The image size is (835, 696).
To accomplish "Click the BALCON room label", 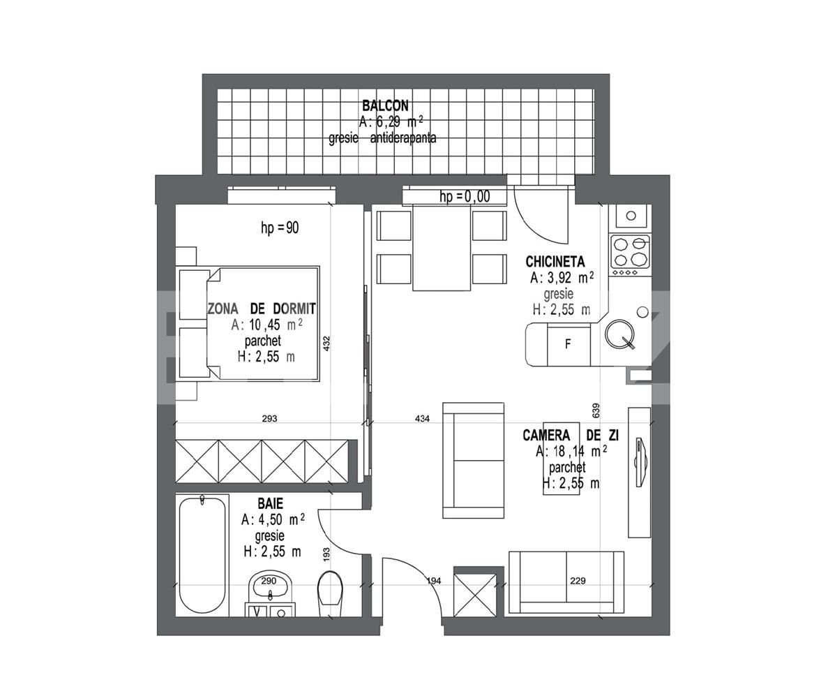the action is (x=385, y=105).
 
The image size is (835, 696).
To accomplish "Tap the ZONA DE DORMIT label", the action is (x=262, y=309).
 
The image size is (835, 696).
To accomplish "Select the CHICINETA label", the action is (x=555, y=262).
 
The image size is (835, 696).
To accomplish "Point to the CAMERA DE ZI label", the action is (x=571, y=436).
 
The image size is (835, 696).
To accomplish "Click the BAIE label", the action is (x=271, y=503).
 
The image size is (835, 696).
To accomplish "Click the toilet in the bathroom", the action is (x=330, y=593).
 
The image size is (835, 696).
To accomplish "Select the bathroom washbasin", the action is (x=271, y=586).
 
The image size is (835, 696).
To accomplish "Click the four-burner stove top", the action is (x=631, y=253).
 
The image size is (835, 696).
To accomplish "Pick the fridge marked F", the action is (x=569, y=345).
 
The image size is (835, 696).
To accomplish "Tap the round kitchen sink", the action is (x=619, y=334).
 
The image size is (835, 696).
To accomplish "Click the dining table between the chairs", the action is (x=442, y=249).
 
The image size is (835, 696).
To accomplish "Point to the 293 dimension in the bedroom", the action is (x=269, y=418).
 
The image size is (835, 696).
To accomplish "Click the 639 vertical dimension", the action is (x=596, y=410).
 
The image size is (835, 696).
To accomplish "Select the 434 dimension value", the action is (x=422, y=419).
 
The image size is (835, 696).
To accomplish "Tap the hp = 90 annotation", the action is (x=280, y=228).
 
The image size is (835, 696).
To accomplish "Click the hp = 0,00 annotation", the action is (x=465, y=197).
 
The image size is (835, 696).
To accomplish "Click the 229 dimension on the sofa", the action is (x=578, y=580).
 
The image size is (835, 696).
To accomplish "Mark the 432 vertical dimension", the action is (x=326, y=343).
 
